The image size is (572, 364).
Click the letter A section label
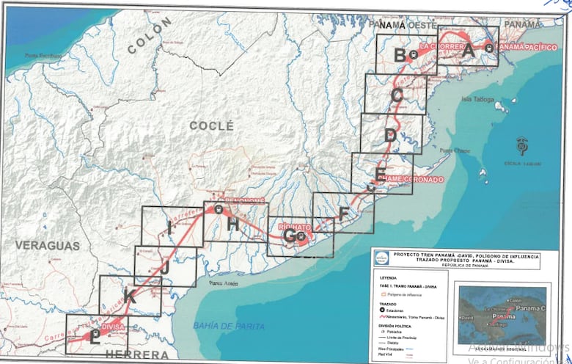[x=469, y=51]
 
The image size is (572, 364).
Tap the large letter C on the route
[x=397, y=95]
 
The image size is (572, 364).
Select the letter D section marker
[x=390, y=135]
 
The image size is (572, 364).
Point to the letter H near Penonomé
[x=232, y=225]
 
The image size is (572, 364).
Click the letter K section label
[x=130, y=296]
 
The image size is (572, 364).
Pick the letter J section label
[x=165, y=269]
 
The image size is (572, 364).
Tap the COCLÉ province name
[x=211, y=125]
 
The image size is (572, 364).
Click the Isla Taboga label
[x=475, y=98]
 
